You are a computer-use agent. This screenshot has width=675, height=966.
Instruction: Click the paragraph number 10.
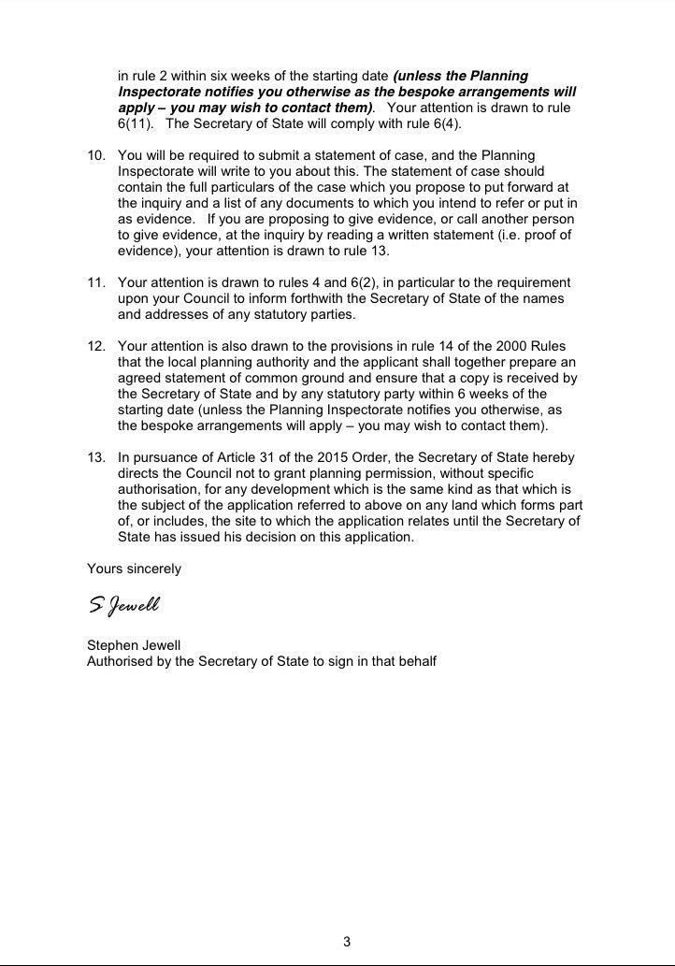[x=94, y=153]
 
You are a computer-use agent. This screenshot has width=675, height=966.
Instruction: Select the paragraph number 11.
[x=94, y=282]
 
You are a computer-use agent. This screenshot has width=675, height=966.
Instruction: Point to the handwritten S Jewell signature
[x=124, y=606]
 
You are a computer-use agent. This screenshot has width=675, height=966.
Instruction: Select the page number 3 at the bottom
[x=346, y=942]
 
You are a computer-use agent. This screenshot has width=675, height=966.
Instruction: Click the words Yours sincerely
[x=134, y=569]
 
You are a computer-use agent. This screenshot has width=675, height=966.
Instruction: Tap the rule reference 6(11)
[x=134, y=124]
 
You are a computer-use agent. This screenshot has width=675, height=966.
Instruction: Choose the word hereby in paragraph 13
[x=554, y=457]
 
